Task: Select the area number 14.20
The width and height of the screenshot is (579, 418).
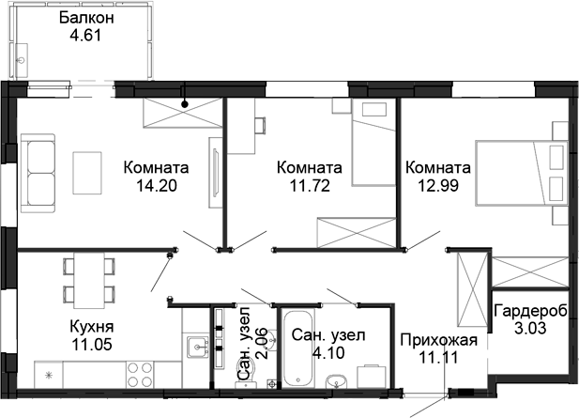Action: click(157, 185)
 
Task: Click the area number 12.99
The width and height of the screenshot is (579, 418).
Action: click(437, 185)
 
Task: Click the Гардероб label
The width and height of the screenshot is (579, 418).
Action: click(531, 311)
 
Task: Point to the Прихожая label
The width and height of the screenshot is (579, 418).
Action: click(439, 340)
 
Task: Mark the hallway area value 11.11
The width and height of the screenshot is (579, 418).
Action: click(439, 357)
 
